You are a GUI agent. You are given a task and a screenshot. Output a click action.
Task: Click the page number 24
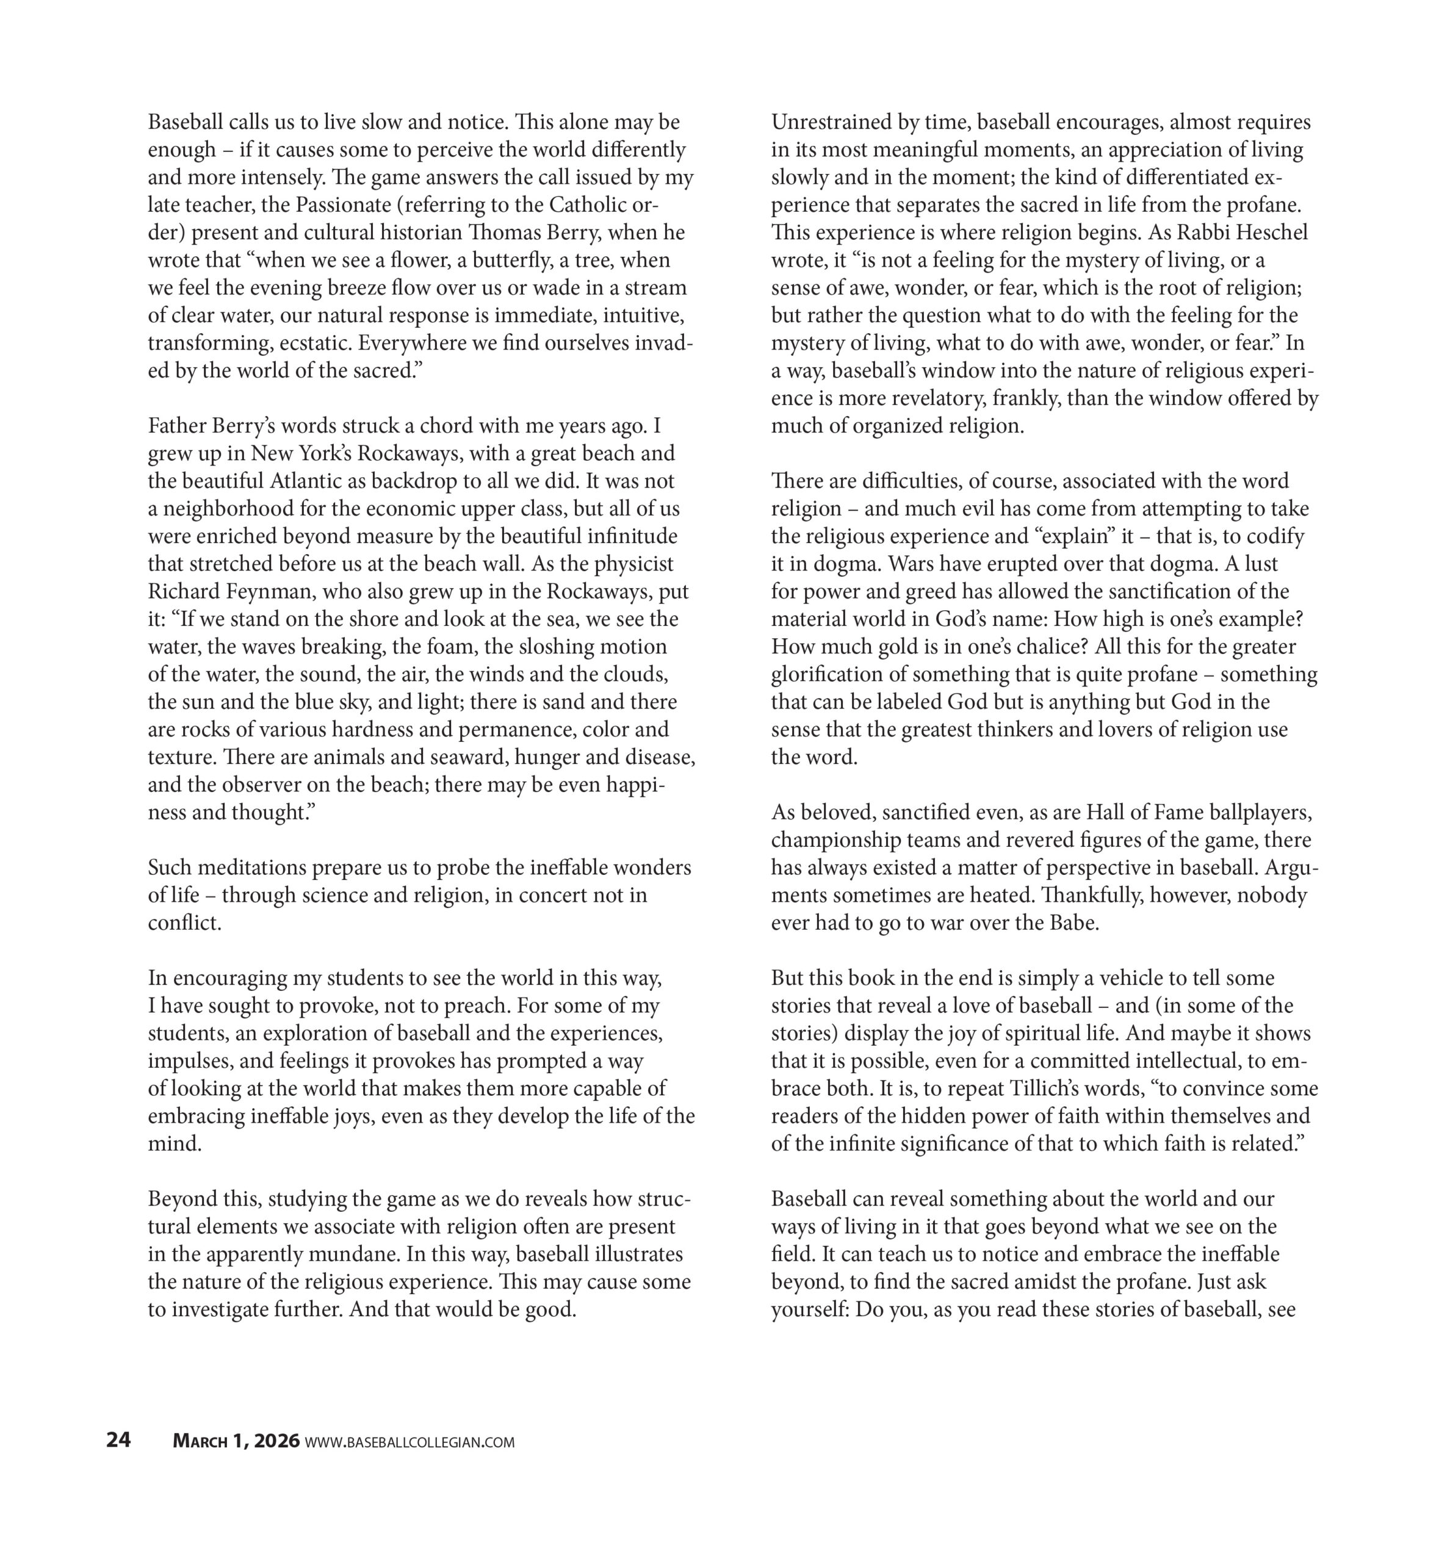(x=118, y=1441)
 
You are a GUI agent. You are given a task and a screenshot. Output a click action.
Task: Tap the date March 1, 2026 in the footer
(x=236, y=1441)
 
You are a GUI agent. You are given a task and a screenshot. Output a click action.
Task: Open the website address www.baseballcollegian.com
(x=409, y=1442)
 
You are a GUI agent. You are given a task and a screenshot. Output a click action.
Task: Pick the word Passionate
(x=343, y=206)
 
